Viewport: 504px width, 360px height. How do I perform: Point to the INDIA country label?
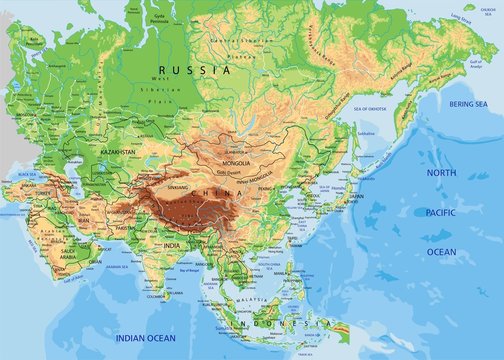point(172,246)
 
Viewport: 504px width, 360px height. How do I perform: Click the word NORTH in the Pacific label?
point(440,173)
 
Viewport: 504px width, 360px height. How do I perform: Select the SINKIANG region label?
point(178,188)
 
